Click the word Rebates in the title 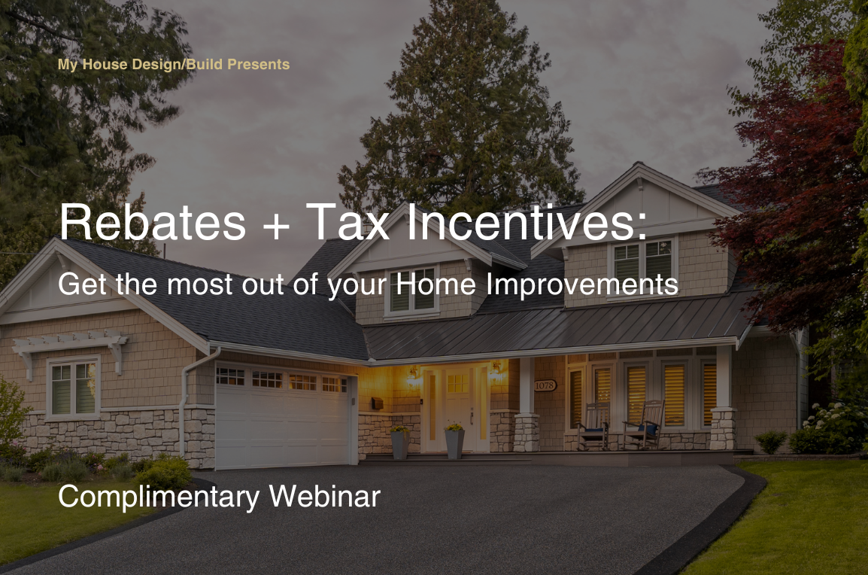152,221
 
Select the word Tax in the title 348,221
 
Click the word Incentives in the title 527,221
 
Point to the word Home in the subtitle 436,284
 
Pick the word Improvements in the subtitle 582,285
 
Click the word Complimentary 158,497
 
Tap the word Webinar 325,496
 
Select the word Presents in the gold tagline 259,64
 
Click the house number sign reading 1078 545,385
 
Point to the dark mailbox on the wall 378,403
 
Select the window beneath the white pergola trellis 74,387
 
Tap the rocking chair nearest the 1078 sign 594,426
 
